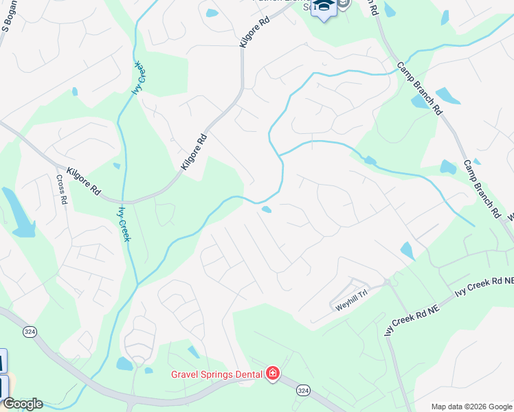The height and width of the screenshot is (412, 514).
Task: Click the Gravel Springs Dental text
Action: (x=216, y=374)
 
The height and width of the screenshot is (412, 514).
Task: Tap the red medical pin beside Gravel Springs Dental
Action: (x=273, y=374)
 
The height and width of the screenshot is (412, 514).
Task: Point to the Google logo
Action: (x=23, y=404)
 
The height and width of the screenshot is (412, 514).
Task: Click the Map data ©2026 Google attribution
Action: (x=471, y=407)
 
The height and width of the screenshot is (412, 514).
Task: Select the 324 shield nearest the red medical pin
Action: (x=302, y=390)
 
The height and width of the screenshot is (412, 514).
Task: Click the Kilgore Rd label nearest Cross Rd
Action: (x=84, y=181)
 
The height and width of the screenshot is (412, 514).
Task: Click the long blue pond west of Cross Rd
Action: (x=19, y=214)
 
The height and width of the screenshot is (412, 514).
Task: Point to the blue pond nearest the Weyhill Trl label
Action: (x=407, y=251)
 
